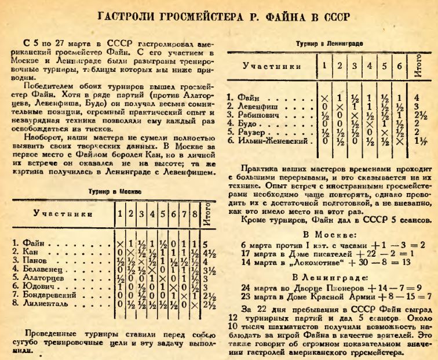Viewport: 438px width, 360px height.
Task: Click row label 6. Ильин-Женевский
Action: pos(268,140)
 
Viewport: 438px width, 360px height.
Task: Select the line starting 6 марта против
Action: pos(333,228)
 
